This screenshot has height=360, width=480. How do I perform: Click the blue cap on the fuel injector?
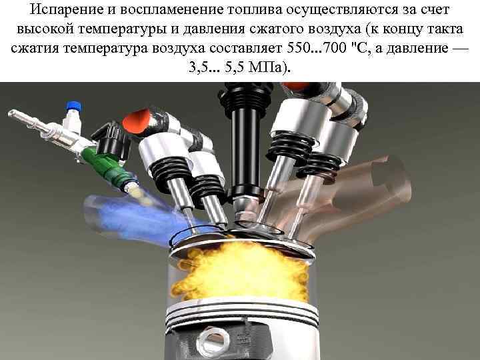click(71, 106)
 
